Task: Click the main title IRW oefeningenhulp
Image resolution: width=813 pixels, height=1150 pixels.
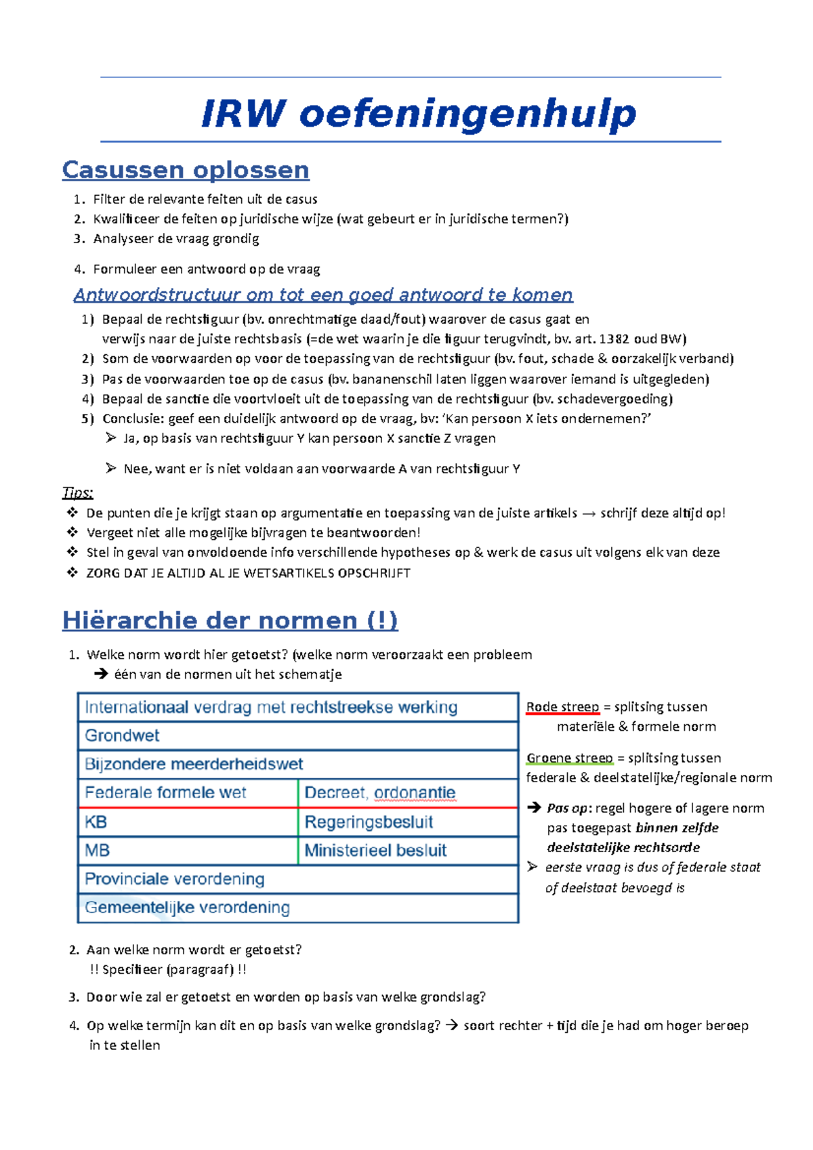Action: (x=418, y=113)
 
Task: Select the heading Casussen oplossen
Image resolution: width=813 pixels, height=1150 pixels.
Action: (x=186, y=169)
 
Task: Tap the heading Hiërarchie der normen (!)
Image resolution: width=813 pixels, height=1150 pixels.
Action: (x=230, y=620)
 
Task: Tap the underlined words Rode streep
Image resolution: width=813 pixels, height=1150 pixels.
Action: (x=562, y=707)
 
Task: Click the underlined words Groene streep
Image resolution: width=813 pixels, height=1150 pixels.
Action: (x=569, y=758)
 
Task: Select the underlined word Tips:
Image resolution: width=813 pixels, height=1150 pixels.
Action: (x=77, y=492)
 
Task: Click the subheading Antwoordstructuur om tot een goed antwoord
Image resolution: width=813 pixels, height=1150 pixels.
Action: (x=323, y=295)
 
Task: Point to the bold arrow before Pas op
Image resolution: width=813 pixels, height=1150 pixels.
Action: (x=535, y=808)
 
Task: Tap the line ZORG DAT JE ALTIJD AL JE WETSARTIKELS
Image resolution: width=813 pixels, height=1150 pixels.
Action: (x=248, y=573)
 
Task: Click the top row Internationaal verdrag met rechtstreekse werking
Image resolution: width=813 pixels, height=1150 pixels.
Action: (x=271, y=707)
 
